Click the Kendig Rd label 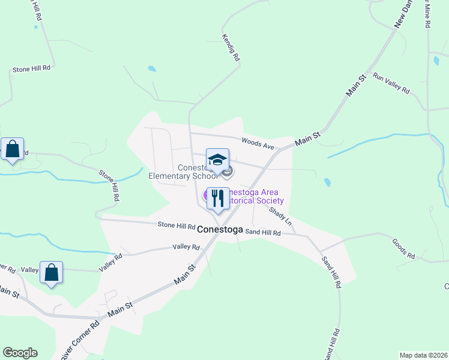point(231,47)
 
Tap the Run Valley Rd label point(391,83)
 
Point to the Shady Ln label point(280,216)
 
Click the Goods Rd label point(403,248)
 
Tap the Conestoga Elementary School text point(183,172)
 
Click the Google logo point(20,353)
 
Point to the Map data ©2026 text point(423,355)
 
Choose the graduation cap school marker point(217,160)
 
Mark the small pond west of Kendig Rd point(152,69)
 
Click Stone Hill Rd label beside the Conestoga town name point(176,226)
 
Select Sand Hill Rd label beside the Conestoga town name point(263,232)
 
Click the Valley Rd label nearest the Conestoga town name point(185,247)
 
